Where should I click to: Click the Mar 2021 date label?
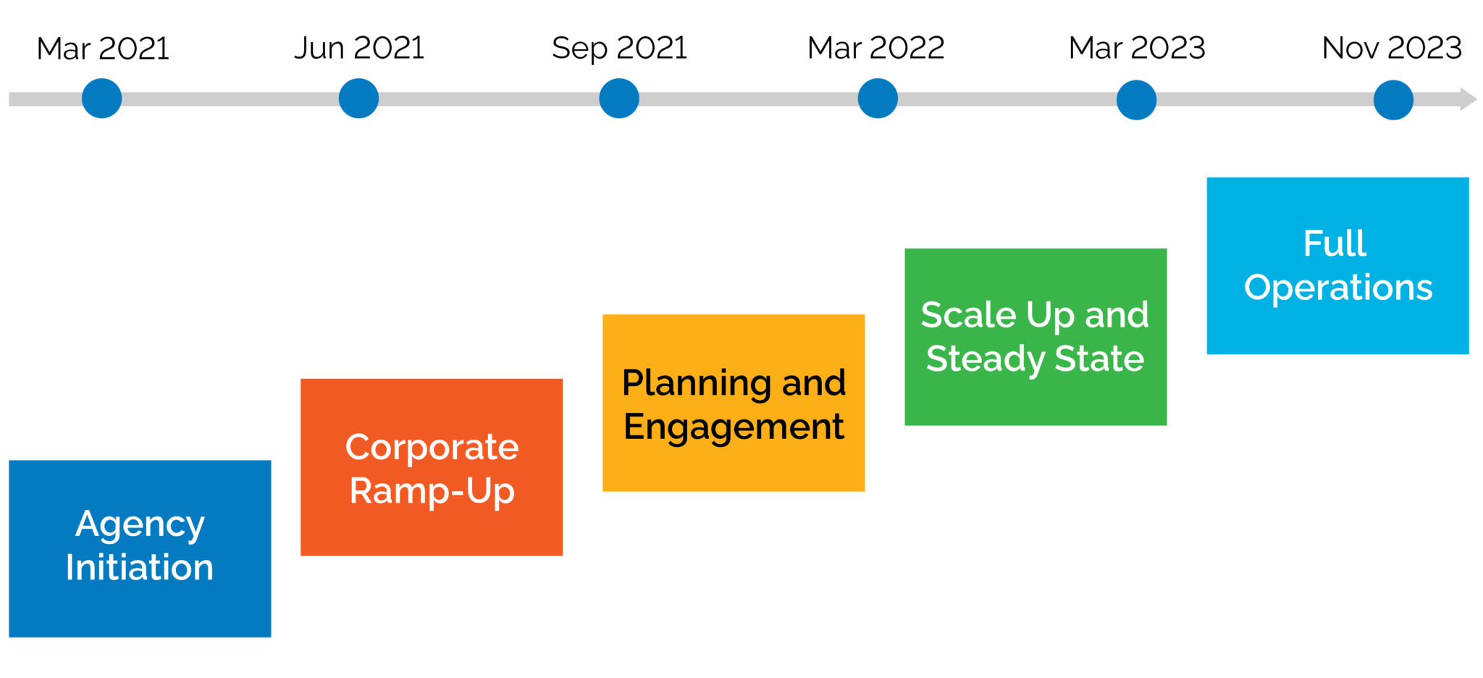click(x=103, y=49)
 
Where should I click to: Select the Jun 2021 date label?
click(x=359, y=49)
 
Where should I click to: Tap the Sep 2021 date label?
click(x=619, y=49)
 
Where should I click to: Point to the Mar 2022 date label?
click(x=876, y=48)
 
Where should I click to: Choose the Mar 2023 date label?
click(x=1137, y=48)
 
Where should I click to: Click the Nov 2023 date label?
click(x=1392, y=48)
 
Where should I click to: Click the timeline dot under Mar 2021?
click(x=101, y=99)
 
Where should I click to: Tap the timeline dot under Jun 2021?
click(x=358, y=99)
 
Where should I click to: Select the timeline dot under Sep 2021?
click(x=619, y=99)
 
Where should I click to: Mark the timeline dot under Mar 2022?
click(x=878, y=99)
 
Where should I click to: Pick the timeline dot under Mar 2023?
click(x=1136, y=100)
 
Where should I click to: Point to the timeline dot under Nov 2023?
click(x=1393, y=100)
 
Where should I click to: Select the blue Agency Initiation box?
click(x=140, y=548)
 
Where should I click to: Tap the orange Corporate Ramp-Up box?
click(x=432, y=467)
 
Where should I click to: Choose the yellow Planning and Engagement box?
click(x=734, y=403)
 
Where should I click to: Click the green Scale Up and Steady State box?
click(x=1035, y=337)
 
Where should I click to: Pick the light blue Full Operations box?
click(x=1337, y=266)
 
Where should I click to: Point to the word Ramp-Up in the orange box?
click(x=432, y=492)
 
